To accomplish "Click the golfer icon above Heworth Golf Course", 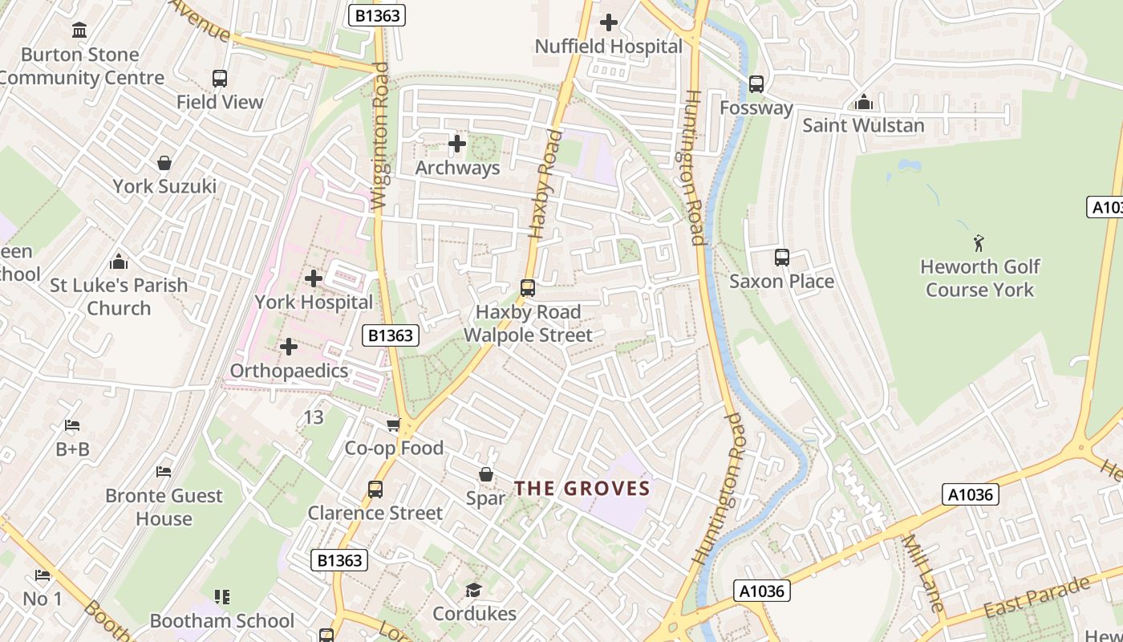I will tap(979, 242).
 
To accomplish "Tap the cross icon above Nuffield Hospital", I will tap(609, 22).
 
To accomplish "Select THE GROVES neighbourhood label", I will tap(582, 488).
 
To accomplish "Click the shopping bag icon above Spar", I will tap(485, 474).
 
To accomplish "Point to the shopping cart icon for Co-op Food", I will tap(393, 425).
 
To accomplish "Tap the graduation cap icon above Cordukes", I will tap(473, 591).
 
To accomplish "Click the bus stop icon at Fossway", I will tap(756, 83).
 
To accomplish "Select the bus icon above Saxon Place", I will tap(781, 258).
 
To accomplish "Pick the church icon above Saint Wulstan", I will tap(863, 102).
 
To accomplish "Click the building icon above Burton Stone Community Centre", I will tap(79, 30).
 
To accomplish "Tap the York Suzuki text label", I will tap(164, 186).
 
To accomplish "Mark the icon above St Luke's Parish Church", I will tap(119, 262).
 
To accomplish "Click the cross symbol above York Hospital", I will tap(314, 278).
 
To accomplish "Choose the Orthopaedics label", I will tap(289, 371).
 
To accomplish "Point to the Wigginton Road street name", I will tap(379, 136).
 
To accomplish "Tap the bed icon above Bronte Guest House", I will tap(164, 472).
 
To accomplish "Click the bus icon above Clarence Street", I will tap(375, 489).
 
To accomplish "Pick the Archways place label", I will tap(457, 168).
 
